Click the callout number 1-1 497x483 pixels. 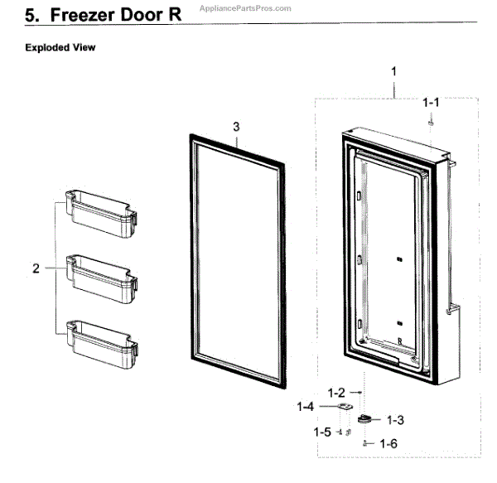point(431,103)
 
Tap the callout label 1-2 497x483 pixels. point(336,391)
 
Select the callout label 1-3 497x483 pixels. point(392,421)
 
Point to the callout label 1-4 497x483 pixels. point(306,407)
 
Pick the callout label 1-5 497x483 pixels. point(322,432)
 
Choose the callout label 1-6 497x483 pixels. point(388,444)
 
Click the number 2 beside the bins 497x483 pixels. point(36,268)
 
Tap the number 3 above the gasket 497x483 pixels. point(236,127)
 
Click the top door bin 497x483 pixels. point(98,212)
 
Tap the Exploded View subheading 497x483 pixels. point(60,47)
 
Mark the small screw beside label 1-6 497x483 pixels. point(364,444)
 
